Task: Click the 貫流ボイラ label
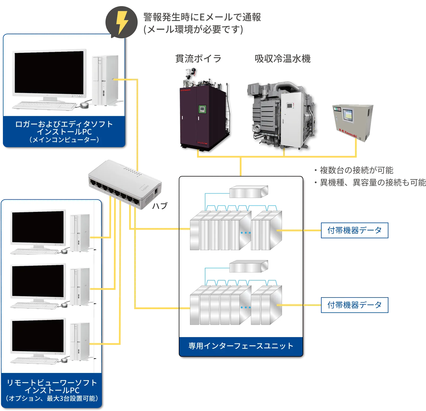click(x=198, y=58)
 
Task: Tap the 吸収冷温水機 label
click(x=282, y=58)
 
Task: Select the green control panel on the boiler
click(x=203, y=109)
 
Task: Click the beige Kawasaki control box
click(x=353, y=122)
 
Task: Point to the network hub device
click(x=125, y=184)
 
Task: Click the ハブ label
click(x=160, y=206)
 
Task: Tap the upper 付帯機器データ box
click(x=355, y=230)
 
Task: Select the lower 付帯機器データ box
click(x=355, y=305)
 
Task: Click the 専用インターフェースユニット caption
click(x=241, y=346)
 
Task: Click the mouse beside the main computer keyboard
click(x=84, y=105)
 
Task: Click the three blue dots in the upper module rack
click(x=246, y=233)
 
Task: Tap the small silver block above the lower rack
click(x=248, y=266)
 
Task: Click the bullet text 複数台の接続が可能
click(x=356, y=170)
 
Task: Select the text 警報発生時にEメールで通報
click(x=202, y=17)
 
